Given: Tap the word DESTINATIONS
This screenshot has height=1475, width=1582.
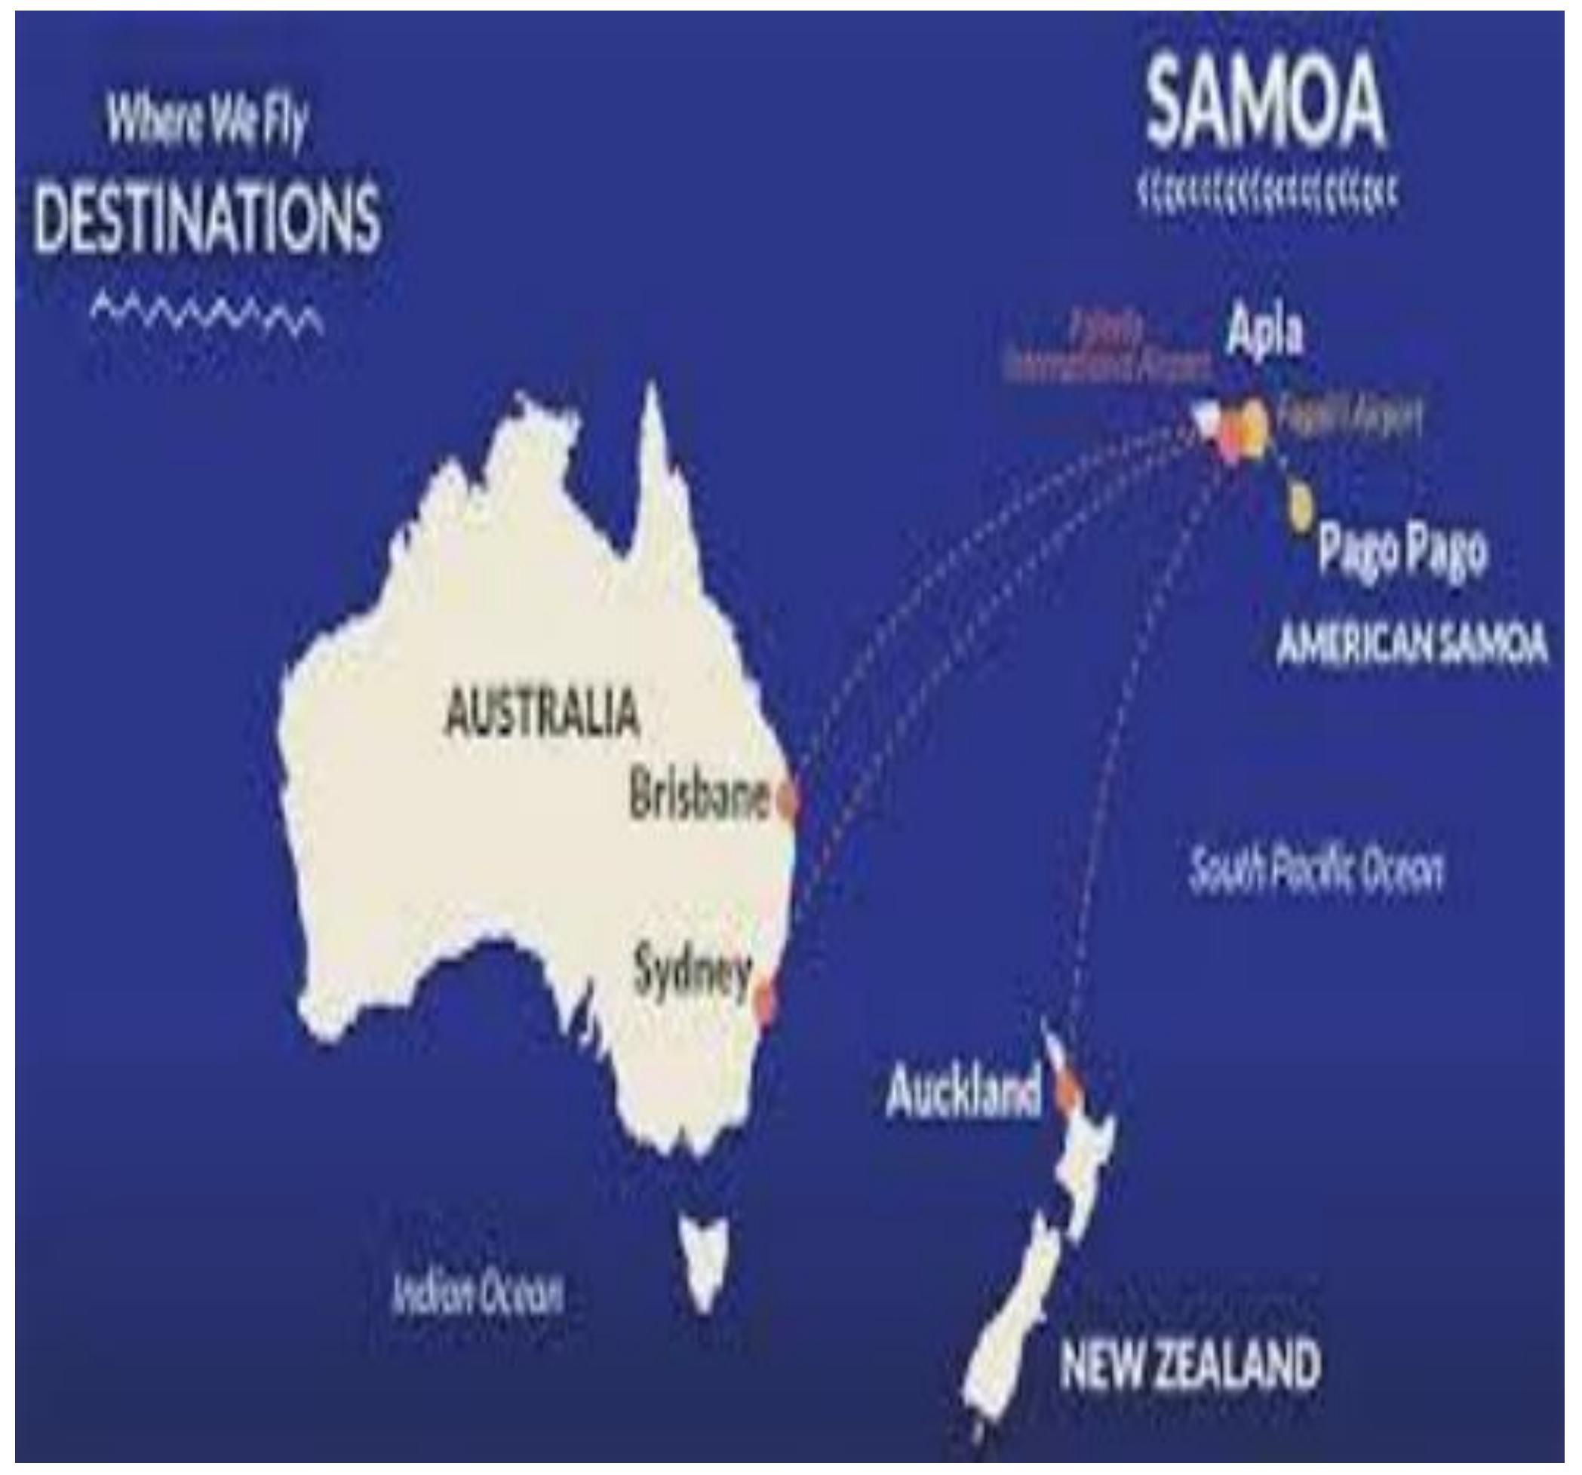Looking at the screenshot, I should [208, 216].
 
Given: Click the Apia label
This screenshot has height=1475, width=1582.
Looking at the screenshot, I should [1264, 332].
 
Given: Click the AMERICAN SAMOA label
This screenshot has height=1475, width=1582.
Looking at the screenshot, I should [1412, 645].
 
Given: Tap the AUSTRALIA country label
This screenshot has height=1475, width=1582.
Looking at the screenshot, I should [541, 712].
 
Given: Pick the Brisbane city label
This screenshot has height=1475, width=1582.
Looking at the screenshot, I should [699, 796].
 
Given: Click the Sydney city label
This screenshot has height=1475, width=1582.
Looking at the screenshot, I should [692, 972].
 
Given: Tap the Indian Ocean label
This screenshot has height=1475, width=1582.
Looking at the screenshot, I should [478, 1295].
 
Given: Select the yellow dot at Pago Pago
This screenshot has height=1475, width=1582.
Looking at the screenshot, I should [1301, 507].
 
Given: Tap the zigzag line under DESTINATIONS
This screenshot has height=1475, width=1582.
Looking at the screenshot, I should [207, 312].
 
